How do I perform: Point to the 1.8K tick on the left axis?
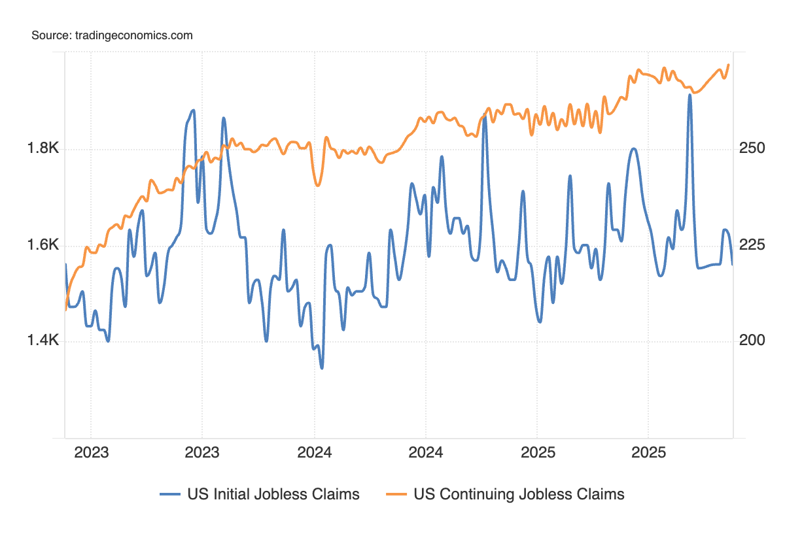tap(43, 149)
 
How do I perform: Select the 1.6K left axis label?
tap(43, 245)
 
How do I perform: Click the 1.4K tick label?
tap(43, 341)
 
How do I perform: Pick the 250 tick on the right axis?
tap(752, 149)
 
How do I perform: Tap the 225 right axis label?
tap(752, 245)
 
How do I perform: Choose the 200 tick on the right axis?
tap(752, 341)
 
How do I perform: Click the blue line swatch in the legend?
tap(170, 494)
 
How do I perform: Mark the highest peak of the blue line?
tap(689, 95)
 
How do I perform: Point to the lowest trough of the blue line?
tap(321, 368)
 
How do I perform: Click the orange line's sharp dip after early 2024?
tap(318, 185)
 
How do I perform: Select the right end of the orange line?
tap(729, 65)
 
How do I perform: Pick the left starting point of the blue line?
tap(65, 264)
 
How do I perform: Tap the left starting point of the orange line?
tap(65, 310)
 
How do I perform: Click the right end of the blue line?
tap(732, 264)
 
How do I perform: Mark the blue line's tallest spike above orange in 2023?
tap(192, 110)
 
